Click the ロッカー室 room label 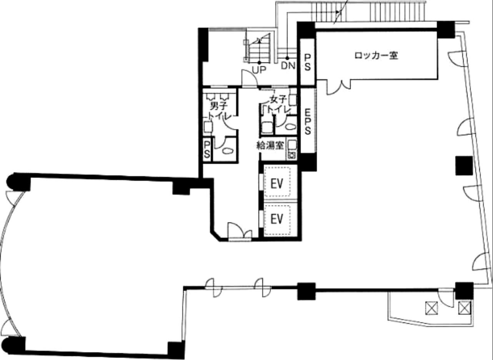tap(376, 56)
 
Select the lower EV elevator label tap(276, 219)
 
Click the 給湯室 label tap(270, 145)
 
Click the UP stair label tap(259, 70)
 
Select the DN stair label tap(288, 66)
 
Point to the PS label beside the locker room tap(308, 63)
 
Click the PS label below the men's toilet tap(207, 150)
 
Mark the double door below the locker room tap(338, 87)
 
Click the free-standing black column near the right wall tap(464, 166)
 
